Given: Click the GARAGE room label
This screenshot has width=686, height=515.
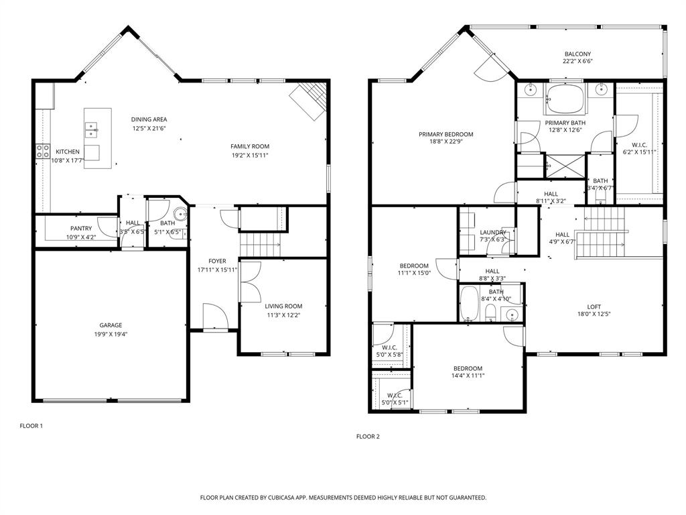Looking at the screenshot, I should [111, 325].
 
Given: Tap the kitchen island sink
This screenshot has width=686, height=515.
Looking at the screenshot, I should [91, 128].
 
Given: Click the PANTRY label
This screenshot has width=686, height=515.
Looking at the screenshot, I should [81, 229].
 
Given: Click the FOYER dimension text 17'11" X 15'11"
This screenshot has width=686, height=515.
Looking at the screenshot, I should [217, 270].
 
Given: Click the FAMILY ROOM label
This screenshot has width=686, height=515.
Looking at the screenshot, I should [250, 146].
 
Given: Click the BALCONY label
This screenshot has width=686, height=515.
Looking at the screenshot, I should [577, 54].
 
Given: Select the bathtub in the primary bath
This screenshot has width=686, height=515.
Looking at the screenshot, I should [567, 99].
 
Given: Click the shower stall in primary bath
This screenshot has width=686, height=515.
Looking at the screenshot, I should [564, 166].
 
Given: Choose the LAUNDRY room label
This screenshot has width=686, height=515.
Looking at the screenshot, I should [493, 232].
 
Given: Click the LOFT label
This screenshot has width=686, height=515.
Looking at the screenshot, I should [594, 307].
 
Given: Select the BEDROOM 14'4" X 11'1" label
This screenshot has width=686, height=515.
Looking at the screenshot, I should [468, 368].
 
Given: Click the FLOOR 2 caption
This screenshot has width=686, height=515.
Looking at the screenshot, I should [368, 437].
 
